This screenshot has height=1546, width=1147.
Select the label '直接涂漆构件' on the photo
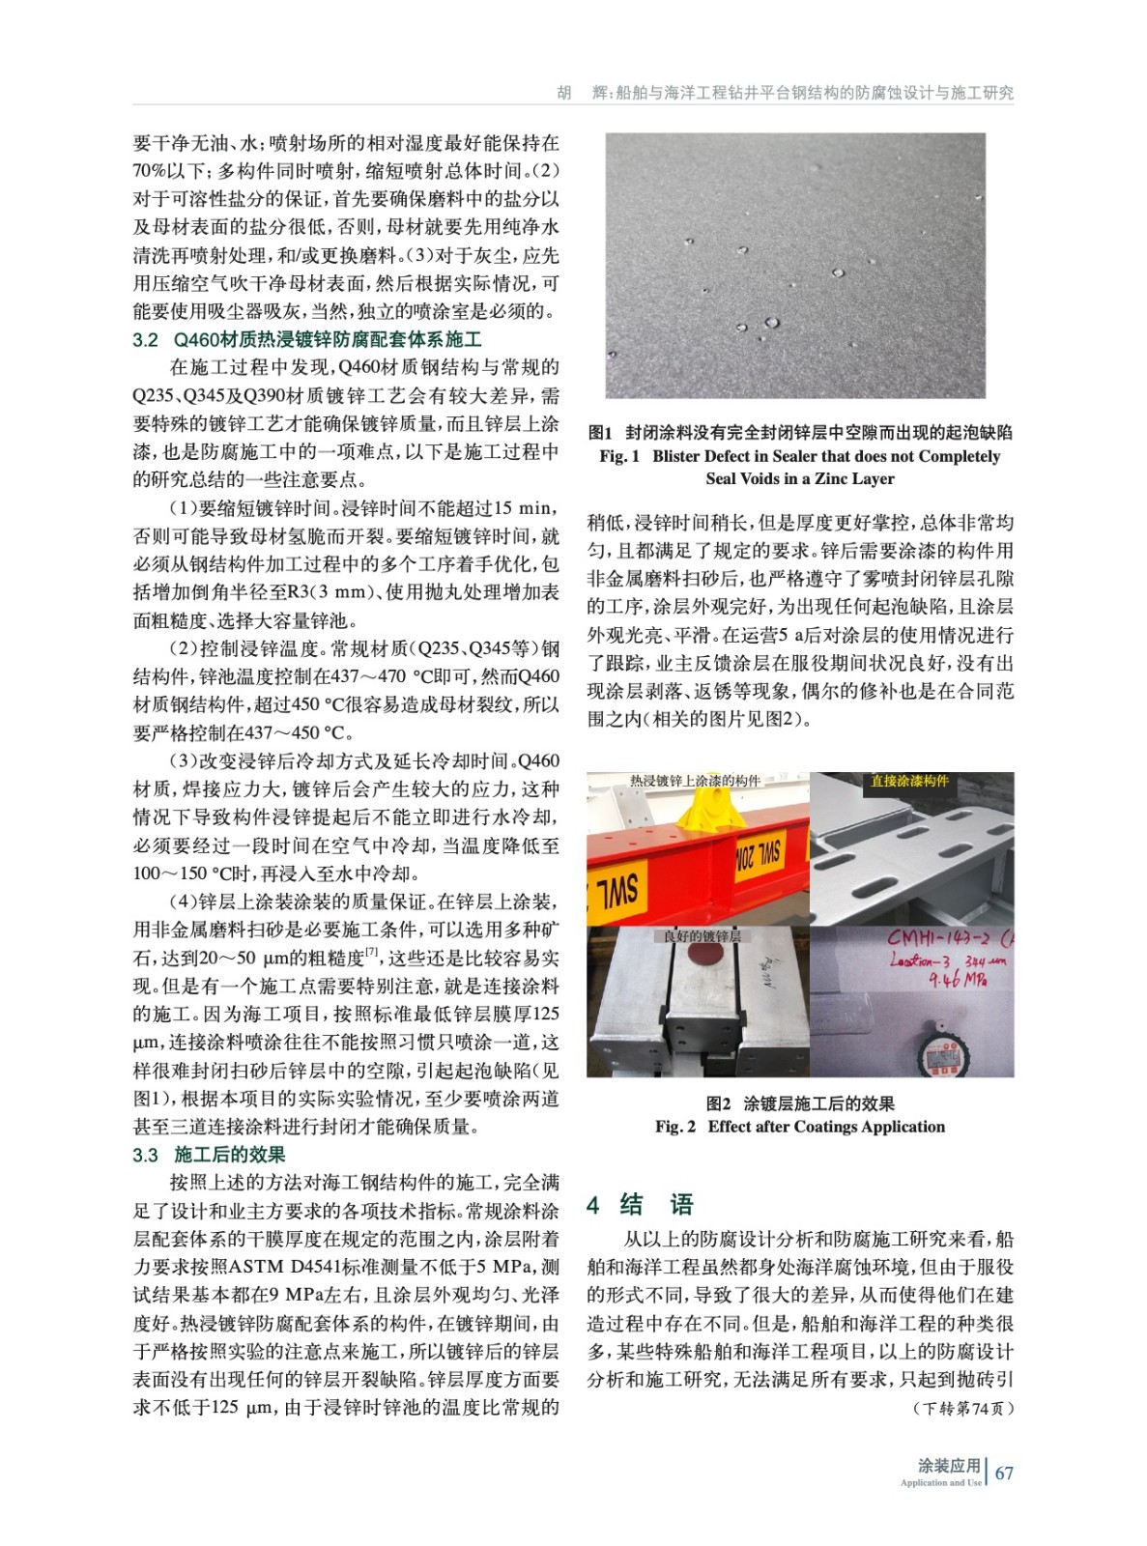pyautogui.click(x=909, y=781)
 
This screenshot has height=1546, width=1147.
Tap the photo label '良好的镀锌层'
pyautogui.click(x=702, y=935)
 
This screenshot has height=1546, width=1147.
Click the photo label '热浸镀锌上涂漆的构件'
pyautogui.click(x=695, y=781)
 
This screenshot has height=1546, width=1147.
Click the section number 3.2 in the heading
pyautogui.click(x=145, y=340)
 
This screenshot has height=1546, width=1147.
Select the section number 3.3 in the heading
pyautogui.click(x=145, y=1155)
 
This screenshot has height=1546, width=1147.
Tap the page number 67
pyautogui.click(x=1004, y=1473)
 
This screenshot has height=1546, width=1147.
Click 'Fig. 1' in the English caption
pyautogui.click(x=619, y=456)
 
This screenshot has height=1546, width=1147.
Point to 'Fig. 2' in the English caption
pyautogui.click(x=674, y=1127)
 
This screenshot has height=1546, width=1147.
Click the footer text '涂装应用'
pyautogui.click(x=948, y=1465)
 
